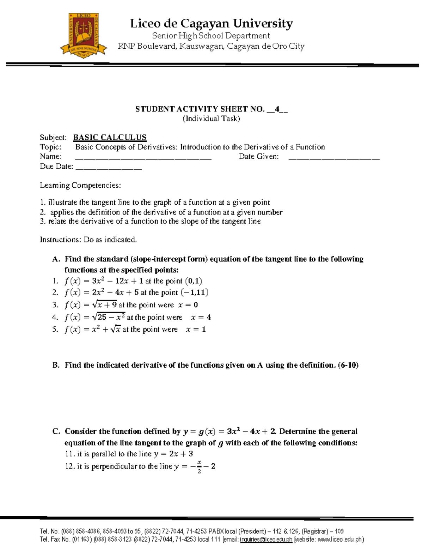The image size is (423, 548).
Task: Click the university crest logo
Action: (84, 35)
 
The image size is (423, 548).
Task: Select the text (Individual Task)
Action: (211, 119)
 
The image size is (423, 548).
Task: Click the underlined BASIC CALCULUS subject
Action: (110, 137)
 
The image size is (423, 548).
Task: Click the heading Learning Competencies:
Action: (80, 185)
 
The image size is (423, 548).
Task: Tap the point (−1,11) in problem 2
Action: (194, 293)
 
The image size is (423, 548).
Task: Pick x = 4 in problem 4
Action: (201, 317)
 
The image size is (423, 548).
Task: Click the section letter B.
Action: (56, 365)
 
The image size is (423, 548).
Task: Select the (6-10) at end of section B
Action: (348, 365)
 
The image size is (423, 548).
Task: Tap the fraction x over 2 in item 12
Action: (199, 467)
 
